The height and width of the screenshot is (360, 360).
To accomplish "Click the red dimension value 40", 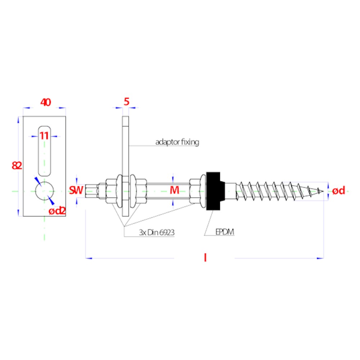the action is [x=46, y=102].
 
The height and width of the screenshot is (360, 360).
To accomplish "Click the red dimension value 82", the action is [x=17, y=165].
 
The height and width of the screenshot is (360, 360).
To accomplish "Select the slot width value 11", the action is [x=44, y=136].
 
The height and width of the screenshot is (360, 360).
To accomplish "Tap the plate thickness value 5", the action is [x=126, y=102].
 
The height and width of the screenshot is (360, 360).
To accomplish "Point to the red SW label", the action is [x=76, y=190].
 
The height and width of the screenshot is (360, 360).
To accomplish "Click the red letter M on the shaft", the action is [x=174, y=190].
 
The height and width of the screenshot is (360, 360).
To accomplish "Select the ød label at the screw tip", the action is [x=339, y=190].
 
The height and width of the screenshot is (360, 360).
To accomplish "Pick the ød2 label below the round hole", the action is [x=57, y=211].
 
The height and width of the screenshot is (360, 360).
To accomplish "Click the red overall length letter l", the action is [x=205, y=258].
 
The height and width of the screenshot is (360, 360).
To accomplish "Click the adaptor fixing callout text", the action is [x=177, y=142].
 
